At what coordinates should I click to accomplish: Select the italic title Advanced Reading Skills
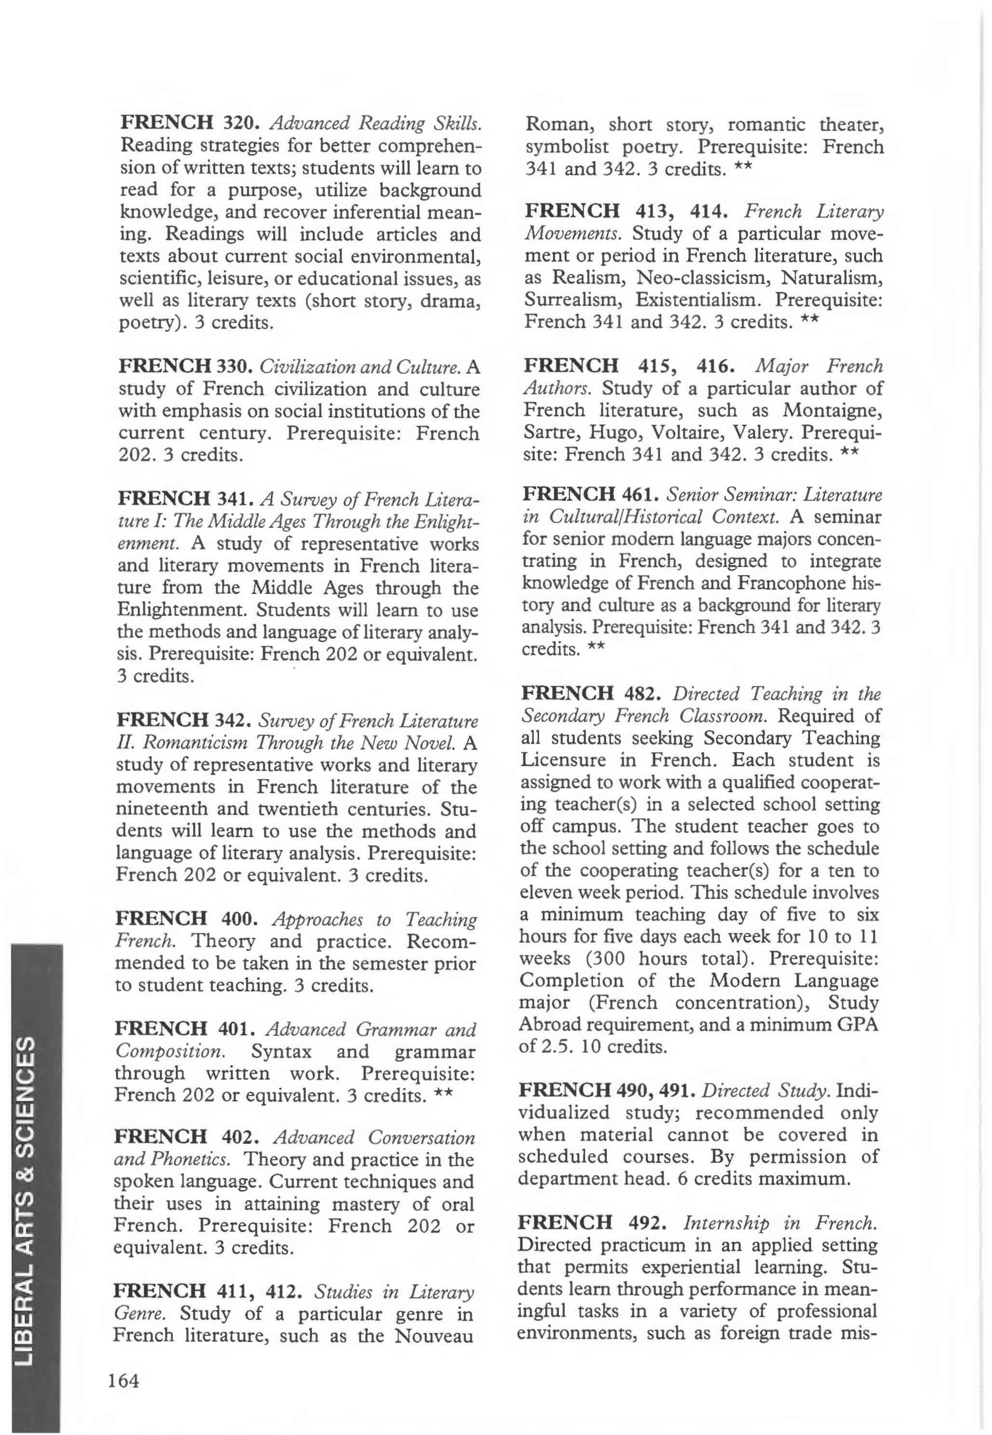375,122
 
